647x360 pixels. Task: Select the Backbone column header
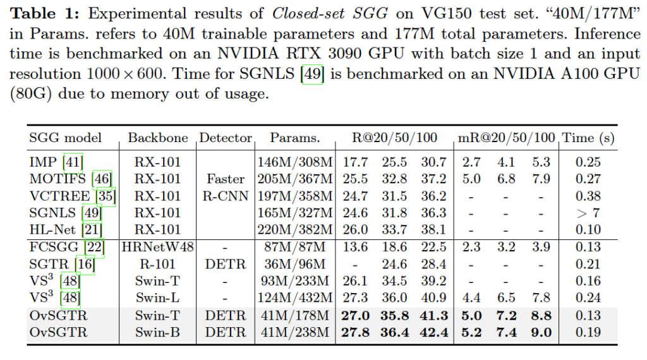coord(157,138)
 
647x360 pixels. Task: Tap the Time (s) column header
coord(588,138)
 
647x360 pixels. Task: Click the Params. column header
coord(294,138)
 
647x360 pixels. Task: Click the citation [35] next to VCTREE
coord(106,196)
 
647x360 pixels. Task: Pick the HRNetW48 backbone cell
coord(158,247)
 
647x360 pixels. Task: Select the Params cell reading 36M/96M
coord(294,264)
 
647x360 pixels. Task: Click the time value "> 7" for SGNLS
coord(588,213)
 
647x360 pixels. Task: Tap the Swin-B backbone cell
coord(158,332)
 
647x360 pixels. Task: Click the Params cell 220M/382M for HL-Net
coord(294,230)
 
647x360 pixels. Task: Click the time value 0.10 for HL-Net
coord(588,230)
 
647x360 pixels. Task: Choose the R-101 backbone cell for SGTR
coord(158,264)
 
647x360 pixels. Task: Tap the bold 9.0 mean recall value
coord(543,332)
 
